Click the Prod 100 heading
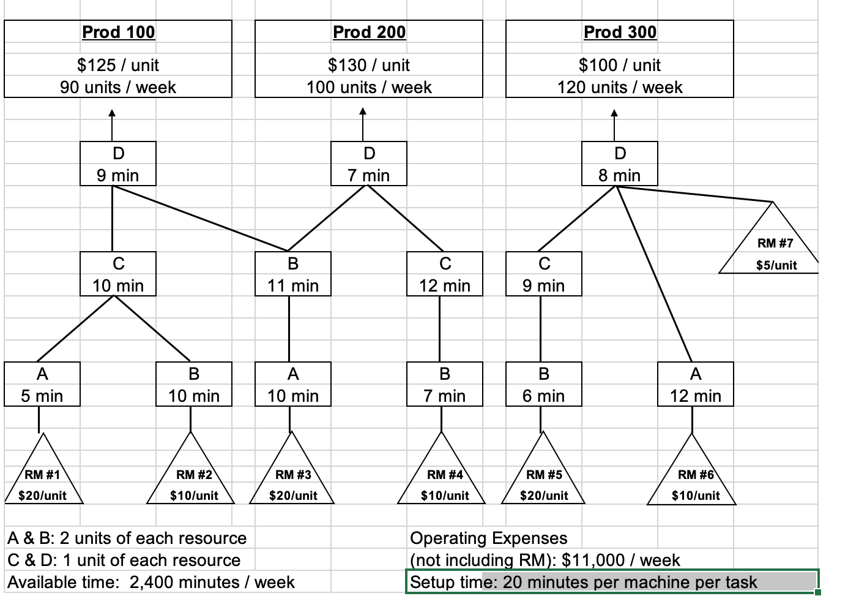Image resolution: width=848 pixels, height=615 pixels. [x=118, y=32]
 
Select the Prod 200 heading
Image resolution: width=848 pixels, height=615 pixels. [x=369, y=32]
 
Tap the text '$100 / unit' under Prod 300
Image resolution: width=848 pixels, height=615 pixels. [x=619, y=65]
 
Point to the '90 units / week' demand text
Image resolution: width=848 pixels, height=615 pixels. [x=118, y=87]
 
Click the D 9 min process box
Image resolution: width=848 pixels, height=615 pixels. [x=118, y=164]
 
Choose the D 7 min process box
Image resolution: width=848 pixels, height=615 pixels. [x=369, y=164]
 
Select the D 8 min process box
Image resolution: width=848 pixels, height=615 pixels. [x=619, y=164]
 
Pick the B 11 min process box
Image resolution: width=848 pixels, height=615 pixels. [x=293, y=274]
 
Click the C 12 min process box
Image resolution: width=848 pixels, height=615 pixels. [x=445, y=274]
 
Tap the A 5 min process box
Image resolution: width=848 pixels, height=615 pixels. [x=42, y=384]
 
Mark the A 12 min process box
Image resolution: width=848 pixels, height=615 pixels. [x=695, y=384]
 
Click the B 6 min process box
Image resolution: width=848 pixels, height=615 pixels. [x=544, y=384]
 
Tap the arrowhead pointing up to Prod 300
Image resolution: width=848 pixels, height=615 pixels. [x=614, y=113]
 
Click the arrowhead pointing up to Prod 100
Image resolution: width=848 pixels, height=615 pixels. [x=112, y=113]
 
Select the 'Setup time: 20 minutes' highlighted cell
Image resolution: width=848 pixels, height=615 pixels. [x=612, y=582]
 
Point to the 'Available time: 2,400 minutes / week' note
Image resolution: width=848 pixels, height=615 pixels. [x=151, y=582]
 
